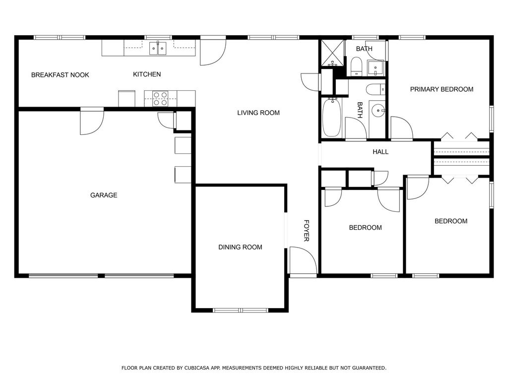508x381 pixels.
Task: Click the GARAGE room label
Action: coord(104,195)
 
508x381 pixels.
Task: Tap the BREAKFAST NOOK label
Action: coord(60,75)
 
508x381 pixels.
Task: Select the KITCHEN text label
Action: coord(147,74)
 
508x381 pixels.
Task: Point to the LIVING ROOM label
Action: coord(258,113)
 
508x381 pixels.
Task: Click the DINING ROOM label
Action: coord(240,247)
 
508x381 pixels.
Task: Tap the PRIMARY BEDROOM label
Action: coord(442,89)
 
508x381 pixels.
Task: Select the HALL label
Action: coord(381,152)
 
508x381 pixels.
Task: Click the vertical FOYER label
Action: coord(307,231)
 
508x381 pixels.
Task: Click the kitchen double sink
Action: coord(158,48)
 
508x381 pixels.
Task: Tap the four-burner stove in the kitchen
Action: coord(160,99)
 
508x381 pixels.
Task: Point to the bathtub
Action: coord(331,118)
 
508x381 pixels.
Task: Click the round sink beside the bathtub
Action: coord(378,110)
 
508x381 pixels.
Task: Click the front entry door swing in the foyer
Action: coord(303,260)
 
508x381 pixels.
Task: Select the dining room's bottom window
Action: coord(241,311)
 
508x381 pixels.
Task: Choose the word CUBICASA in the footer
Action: coord(195,368)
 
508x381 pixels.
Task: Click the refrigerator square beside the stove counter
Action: coord(127,99)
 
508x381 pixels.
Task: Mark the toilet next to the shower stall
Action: coord(356,66)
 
